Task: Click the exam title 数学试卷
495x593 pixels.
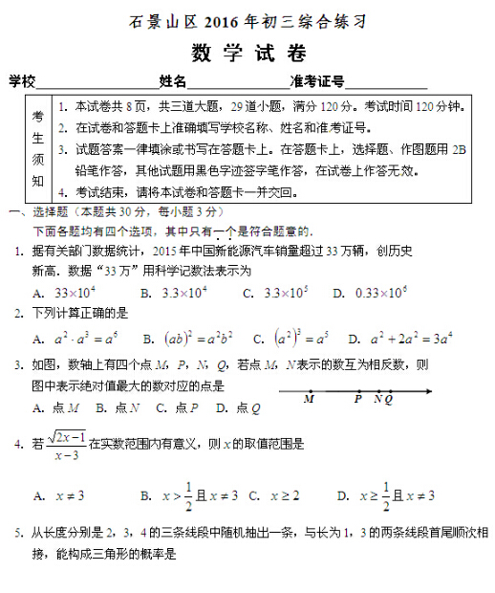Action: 247,50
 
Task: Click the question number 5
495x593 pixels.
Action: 17,533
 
